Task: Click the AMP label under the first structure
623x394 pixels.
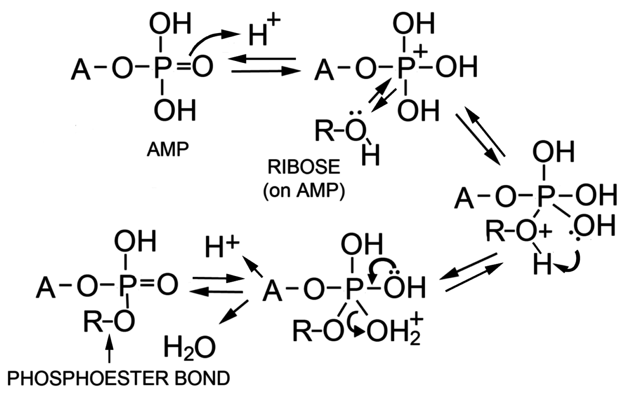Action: [x=168, y=149]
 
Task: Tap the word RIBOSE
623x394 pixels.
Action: [x=304, y=167]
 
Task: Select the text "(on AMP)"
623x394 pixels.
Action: [x=304, y=191]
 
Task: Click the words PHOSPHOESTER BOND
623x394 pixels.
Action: [x=119, y=378]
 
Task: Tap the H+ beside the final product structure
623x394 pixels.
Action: [x=221, y=247]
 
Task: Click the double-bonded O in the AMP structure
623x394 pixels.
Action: [x=202, y=66]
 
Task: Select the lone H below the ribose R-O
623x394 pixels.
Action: [x=371, y=156]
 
